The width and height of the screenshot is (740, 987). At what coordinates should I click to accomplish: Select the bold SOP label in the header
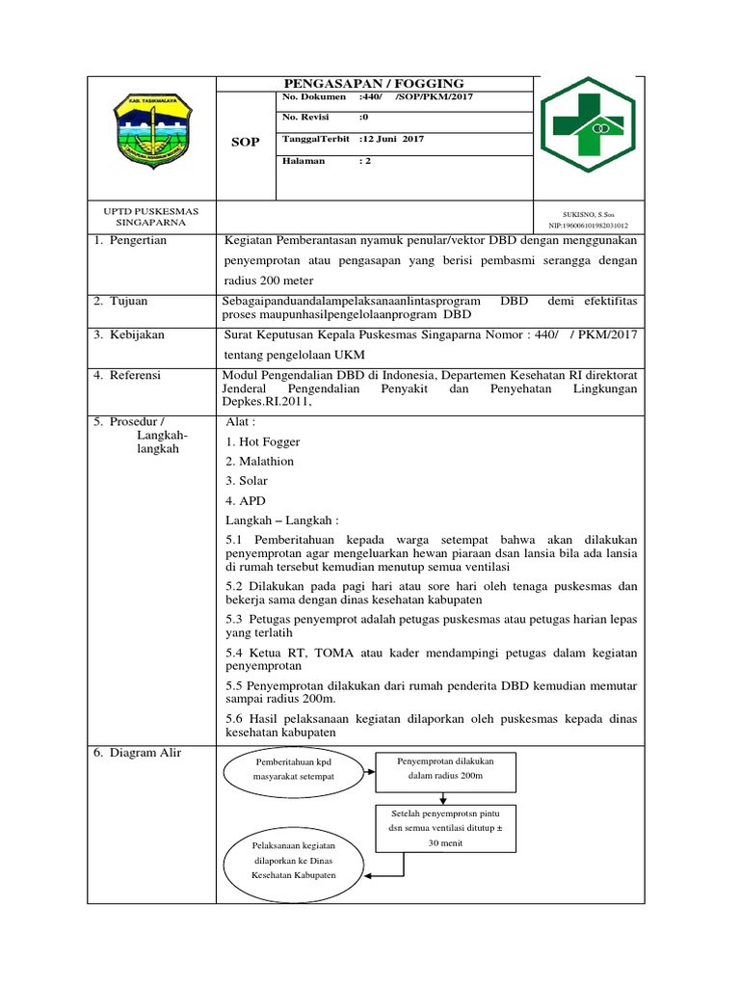pos(246,142)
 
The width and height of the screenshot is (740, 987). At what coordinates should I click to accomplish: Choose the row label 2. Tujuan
pos(120,302)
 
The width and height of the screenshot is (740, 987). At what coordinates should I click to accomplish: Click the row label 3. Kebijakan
pos(129,334)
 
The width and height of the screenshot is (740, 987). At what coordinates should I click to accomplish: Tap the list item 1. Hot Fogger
pos(262,441)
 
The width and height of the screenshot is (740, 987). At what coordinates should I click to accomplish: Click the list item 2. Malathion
pos(259,461)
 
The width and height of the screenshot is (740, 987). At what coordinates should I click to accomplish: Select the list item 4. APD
pos(245,501)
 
